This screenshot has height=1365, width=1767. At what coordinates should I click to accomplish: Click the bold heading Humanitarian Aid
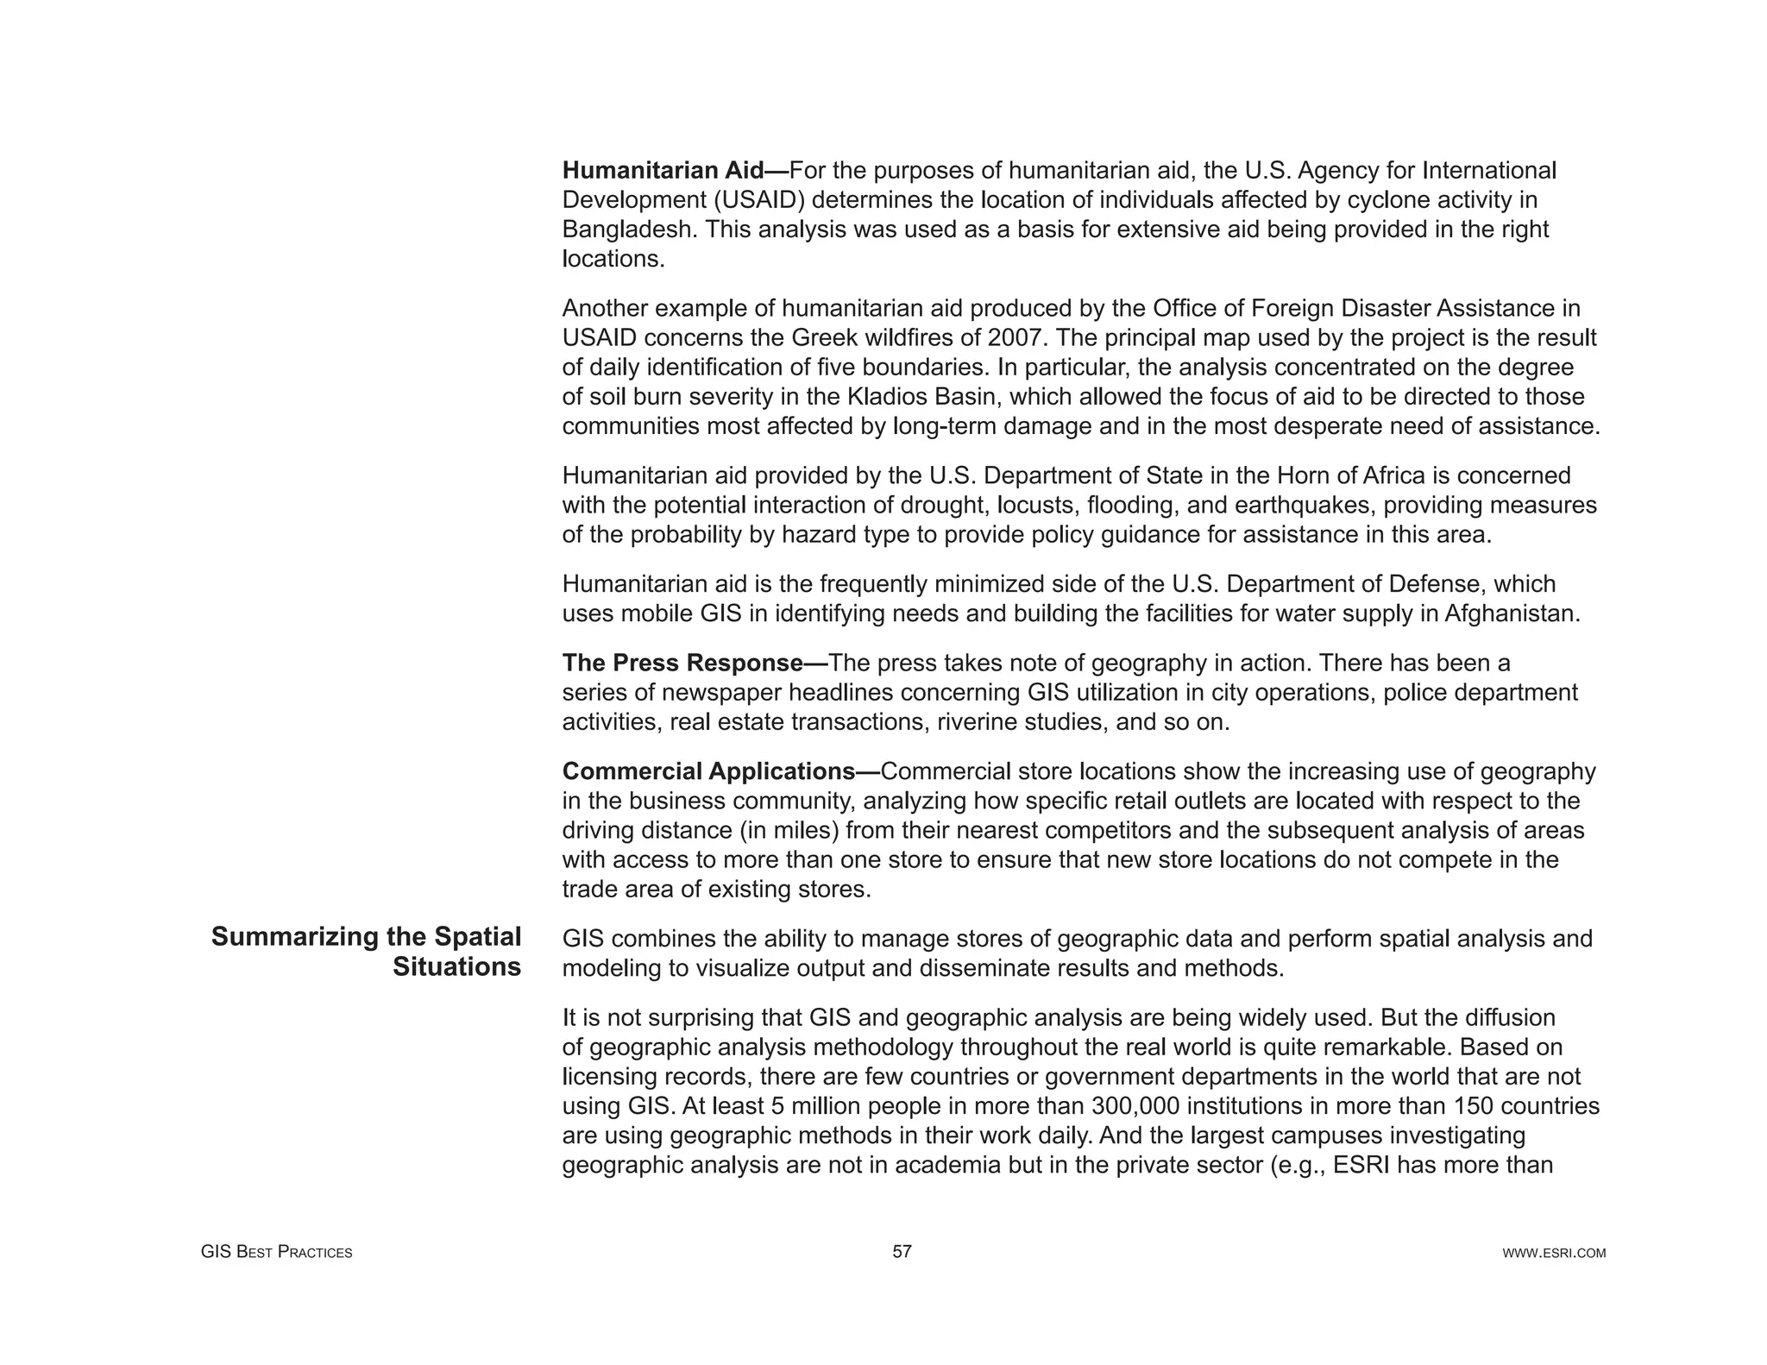coord(663,171)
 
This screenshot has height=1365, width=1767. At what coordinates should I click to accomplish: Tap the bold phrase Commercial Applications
coord(707,771)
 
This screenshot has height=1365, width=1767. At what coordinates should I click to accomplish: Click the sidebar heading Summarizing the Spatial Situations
coord(368,952)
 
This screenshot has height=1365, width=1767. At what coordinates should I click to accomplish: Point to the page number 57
coord(902,1252)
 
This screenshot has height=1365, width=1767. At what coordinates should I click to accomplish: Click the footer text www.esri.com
coord(1554,1253)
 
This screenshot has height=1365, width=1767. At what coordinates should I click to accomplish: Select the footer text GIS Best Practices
coord(276,1253)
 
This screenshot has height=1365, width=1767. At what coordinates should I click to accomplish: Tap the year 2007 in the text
coord(1016,337)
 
